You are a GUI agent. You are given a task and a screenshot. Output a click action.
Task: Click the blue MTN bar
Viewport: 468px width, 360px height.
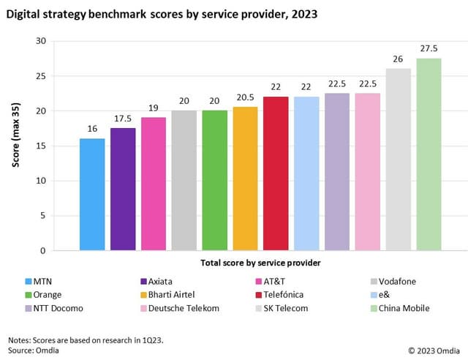92,195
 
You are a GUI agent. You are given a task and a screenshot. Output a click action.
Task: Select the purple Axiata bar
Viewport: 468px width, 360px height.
123,190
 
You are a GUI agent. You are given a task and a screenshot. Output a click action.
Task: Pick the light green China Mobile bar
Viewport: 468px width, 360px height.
429,154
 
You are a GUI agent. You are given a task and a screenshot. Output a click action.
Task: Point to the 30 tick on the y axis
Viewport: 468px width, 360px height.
40,41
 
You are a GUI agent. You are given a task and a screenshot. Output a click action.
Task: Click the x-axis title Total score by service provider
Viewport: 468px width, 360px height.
260,262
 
